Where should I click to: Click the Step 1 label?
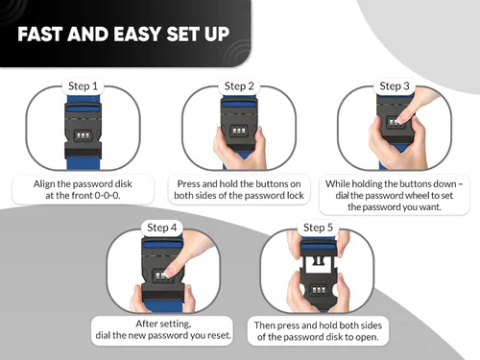[x=83, y=86]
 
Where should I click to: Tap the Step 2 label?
[x=239, y=86]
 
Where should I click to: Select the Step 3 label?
[x=395, y=86]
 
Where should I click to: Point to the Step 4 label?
[x=161, y=228]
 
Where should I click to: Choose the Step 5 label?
[x=318, y=228]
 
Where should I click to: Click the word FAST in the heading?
[x=40, y=34]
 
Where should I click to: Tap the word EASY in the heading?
[x=137, y=34]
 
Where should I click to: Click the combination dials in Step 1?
[x=83, y=134]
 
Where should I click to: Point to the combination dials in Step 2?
[x=239, y=131]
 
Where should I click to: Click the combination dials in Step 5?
[x=318, y=290]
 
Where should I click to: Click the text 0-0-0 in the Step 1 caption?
[x=107, y=195]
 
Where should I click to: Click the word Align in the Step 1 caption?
[x=44, y=184]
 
